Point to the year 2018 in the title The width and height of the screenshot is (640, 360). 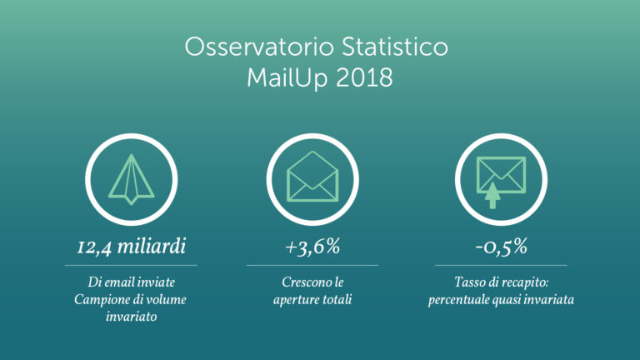pos(366,78)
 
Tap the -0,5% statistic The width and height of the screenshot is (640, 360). pos(501,247)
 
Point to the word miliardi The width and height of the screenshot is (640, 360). pos(154,247)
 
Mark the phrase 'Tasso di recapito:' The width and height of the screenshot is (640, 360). pos(501,283)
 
